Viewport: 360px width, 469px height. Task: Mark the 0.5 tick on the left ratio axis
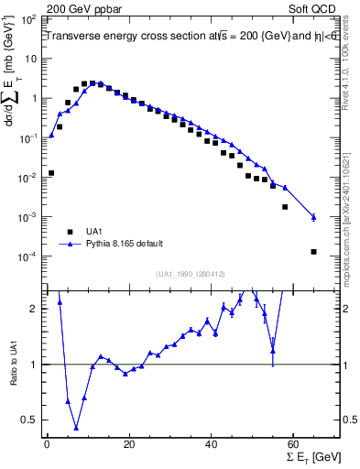click(29, 420)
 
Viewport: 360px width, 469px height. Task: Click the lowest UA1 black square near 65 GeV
click(314, 252)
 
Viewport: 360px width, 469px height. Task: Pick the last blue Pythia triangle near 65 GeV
click(314, 217)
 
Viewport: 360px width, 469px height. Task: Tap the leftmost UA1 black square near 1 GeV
click(51, 172)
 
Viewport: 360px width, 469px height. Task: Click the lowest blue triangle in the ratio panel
click(76, 428)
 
